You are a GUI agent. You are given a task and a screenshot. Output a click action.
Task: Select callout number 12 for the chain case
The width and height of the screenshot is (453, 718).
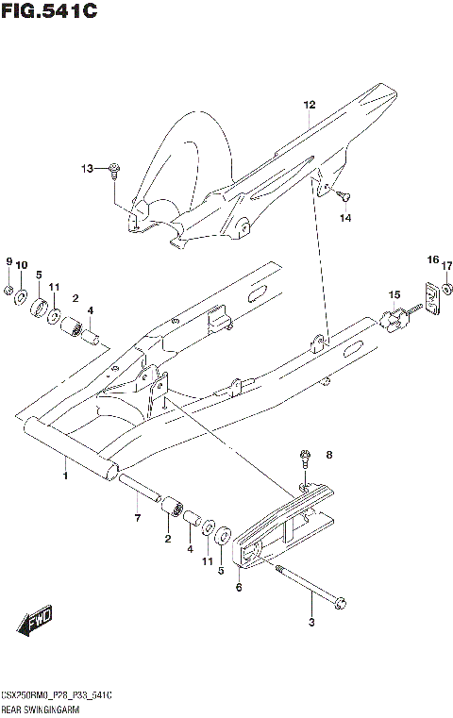pos(308,106)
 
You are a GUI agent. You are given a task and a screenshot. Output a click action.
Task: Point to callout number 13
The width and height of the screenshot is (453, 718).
pos(86,169)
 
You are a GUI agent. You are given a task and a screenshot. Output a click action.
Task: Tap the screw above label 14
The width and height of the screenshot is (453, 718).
pos(344,196)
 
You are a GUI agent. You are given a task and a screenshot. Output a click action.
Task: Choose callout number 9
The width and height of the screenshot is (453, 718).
pos(8,261)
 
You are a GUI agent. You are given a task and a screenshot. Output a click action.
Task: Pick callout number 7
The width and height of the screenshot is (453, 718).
pos(137,518)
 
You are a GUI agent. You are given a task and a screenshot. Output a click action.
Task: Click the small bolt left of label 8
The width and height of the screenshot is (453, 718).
pos(305,459)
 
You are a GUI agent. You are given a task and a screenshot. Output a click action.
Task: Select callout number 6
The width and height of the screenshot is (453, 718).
pos(238,587)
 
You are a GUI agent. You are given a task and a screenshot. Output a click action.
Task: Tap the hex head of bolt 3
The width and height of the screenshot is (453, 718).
pos(342,601)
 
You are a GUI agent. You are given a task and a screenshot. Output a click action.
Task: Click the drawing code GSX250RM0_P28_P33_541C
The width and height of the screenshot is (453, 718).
pos(58,693)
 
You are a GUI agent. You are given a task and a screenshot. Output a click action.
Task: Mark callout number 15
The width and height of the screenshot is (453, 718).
pos(394,293)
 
